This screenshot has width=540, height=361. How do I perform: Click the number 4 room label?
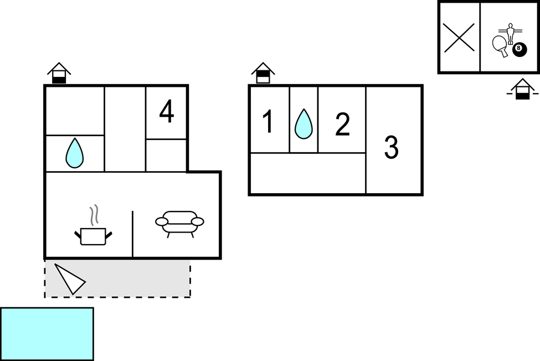(166, 112)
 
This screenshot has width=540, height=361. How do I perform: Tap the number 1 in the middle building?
(268, 122)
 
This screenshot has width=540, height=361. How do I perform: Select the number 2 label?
(343, 125)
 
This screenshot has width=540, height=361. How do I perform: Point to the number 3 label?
(391, 148)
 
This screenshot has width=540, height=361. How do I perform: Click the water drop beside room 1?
(304, 123)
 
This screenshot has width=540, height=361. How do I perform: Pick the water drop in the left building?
(74, 153)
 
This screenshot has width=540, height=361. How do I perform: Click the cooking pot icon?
(93, 235)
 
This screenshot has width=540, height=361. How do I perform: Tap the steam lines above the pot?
(94, 214)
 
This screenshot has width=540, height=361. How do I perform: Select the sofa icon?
(179, 223)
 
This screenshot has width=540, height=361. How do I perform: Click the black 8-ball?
(519, 49)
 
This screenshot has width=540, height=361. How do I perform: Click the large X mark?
(459, 38)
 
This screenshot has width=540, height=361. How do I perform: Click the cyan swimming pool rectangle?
(47, 333)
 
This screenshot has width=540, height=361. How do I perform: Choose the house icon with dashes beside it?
(522, 89)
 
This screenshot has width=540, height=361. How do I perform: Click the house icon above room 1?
(263, 73)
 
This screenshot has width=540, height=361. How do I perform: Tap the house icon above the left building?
(59, 73)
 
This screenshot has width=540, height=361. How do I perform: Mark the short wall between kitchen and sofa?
(133, 234)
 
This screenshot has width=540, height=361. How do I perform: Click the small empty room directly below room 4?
(166, 155)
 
